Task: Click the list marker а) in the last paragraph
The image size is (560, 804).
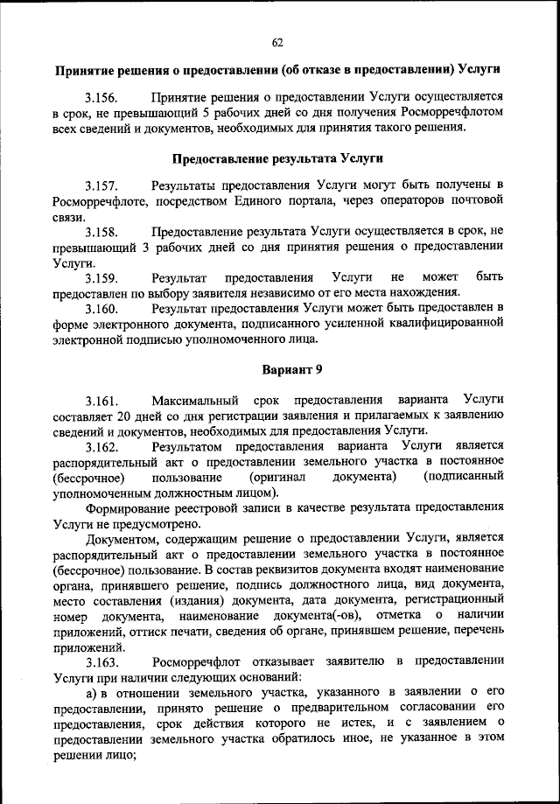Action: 91,693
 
